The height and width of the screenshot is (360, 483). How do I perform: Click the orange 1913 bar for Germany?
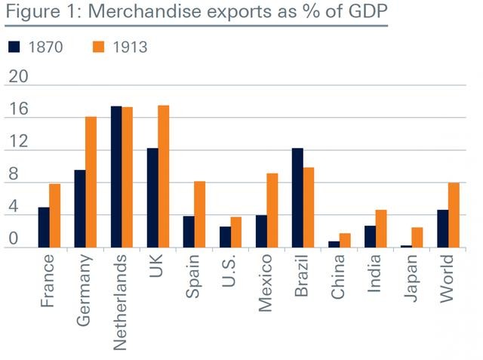point(91,183)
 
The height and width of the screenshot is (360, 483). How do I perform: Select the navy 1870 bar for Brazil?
point(297,198)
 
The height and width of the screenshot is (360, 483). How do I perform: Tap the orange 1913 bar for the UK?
point(163,177)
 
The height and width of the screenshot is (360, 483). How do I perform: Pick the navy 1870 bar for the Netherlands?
point(116,177)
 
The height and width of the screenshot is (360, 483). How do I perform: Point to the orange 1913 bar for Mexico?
point(272,211)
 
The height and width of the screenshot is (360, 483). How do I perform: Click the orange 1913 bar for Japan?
point(417,238)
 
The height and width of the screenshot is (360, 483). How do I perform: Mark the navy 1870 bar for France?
point(44,227)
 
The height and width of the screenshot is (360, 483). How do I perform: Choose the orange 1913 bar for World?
point(454,215)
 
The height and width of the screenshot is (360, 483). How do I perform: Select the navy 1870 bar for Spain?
point(189,232)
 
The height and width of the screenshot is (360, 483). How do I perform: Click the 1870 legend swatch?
point(14,47)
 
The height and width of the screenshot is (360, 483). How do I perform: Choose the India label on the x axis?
point(375,275)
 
